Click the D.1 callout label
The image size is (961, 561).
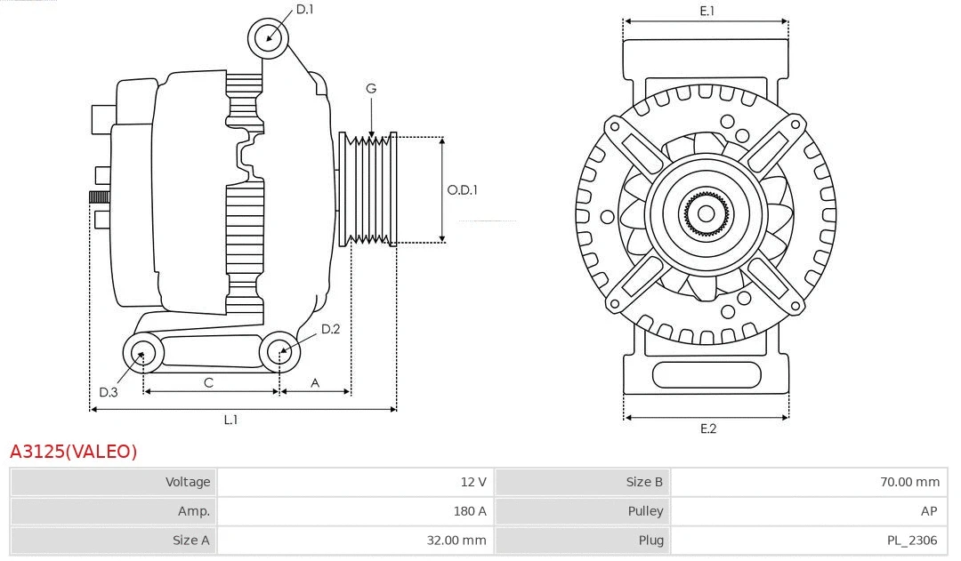tap(304, 10)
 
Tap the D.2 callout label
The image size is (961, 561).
tap(330, 329)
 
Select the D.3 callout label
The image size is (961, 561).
tap(109, 392)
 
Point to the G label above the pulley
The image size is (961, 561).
tap(371, 88)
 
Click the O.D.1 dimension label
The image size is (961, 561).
tap(463, 189)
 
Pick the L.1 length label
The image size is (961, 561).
tap(230, 420)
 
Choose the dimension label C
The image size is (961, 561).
tap(208, 382)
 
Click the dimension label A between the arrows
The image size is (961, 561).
tap(315, 382)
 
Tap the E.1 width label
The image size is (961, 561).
tap(707, 11)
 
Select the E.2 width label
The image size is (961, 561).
tap(707, 429)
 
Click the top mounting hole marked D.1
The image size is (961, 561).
tap(270, 38)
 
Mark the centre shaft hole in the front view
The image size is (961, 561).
tap(706, 213)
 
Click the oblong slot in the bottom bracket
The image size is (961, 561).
tap(707, 375)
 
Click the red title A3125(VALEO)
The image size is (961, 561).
tap(74, 452)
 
